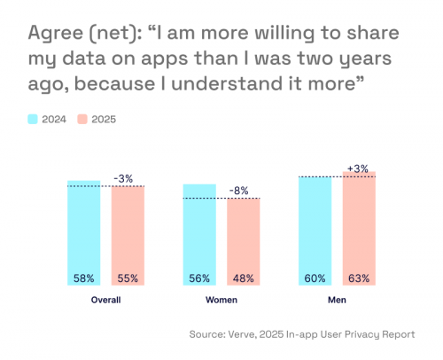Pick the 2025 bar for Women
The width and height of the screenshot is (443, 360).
click(243, 241)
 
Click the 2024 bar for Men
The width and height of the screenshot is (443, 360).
click(315, 231)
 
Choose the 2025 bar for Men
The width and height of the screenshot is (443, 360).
click(359, 228)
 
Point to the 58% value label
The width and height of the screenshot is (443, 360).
click(84, 278)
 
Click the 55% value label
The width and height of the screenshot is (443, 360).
click(128, 278)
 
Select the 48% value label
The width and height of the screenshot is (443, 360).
click(243, 278)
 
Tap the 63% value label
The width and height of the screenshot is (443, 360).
click(359, 278)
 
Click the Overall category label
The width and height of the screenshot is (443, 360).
click(105, 301)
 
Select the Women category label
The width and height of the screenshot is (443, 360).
click(221, 301)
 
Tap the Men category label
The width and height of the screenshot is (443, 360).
click(337, 301)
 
